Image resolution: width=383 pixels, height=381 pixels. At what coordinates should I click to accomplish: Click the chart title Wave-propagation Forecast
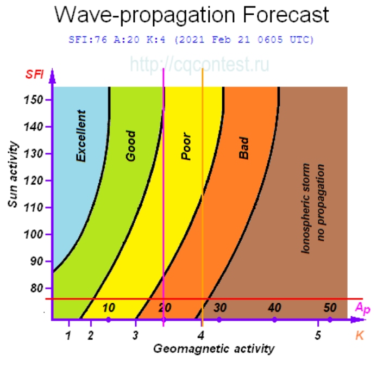point(192,15)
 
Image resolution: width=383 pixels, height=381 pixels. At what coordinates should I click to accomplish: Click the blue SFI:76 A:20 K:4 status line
point(192,40)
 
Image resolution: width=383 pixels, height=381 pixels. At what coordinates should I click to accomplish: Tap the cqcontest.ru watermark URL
point(199,65)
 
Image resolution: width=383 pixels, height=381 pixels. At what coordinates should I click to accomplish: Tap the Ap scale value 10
point(109,308)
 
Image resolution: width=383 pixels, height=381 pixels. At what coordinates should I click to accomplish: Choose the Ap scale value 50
point(330,308)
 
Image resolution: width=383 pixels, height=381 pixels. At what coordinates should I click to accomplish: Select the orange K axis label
point(360,335)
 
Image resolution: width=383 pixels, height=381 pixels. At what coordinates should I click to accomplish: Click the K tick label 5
point(318,335)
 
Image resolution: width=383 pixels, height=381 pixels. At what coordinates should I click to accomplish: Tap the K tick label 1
point(68,335)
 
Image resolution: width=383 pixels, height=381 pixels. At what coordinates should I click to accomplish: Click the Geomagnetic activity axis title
point(214,348)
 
